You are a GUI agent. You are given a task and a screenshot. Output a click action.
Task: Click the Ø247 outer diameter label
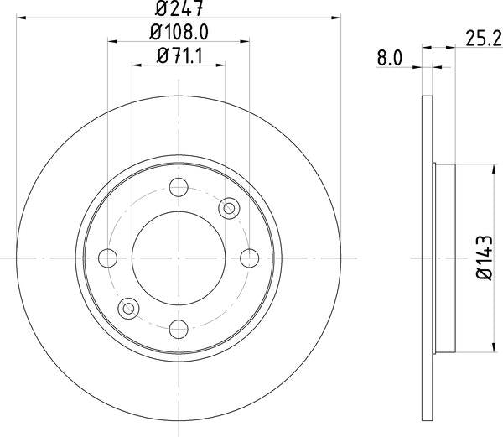tap(179, 9)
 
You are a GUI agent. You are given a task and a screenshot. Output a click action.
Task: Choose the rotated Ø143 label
tap(484, 256)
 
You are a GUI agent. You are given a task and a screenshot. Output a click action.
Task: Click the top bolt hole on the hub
tap(179, 188)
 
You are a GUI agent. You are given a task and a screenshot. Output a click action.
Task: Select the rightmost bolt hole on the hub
tap(249, 257)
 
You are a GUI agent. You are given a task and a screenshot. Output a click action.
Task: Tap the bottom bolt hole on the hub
tap(179, 327)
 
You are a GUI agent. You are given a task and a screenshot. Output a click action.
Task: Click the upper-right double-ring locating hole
tap(228, 207)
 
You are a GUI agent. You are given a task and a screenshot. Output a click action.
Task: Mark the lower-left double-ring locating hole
tap(129, 308)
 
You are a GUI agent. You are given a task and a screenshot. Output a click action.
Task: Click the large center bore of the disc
tap(179, 257)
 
